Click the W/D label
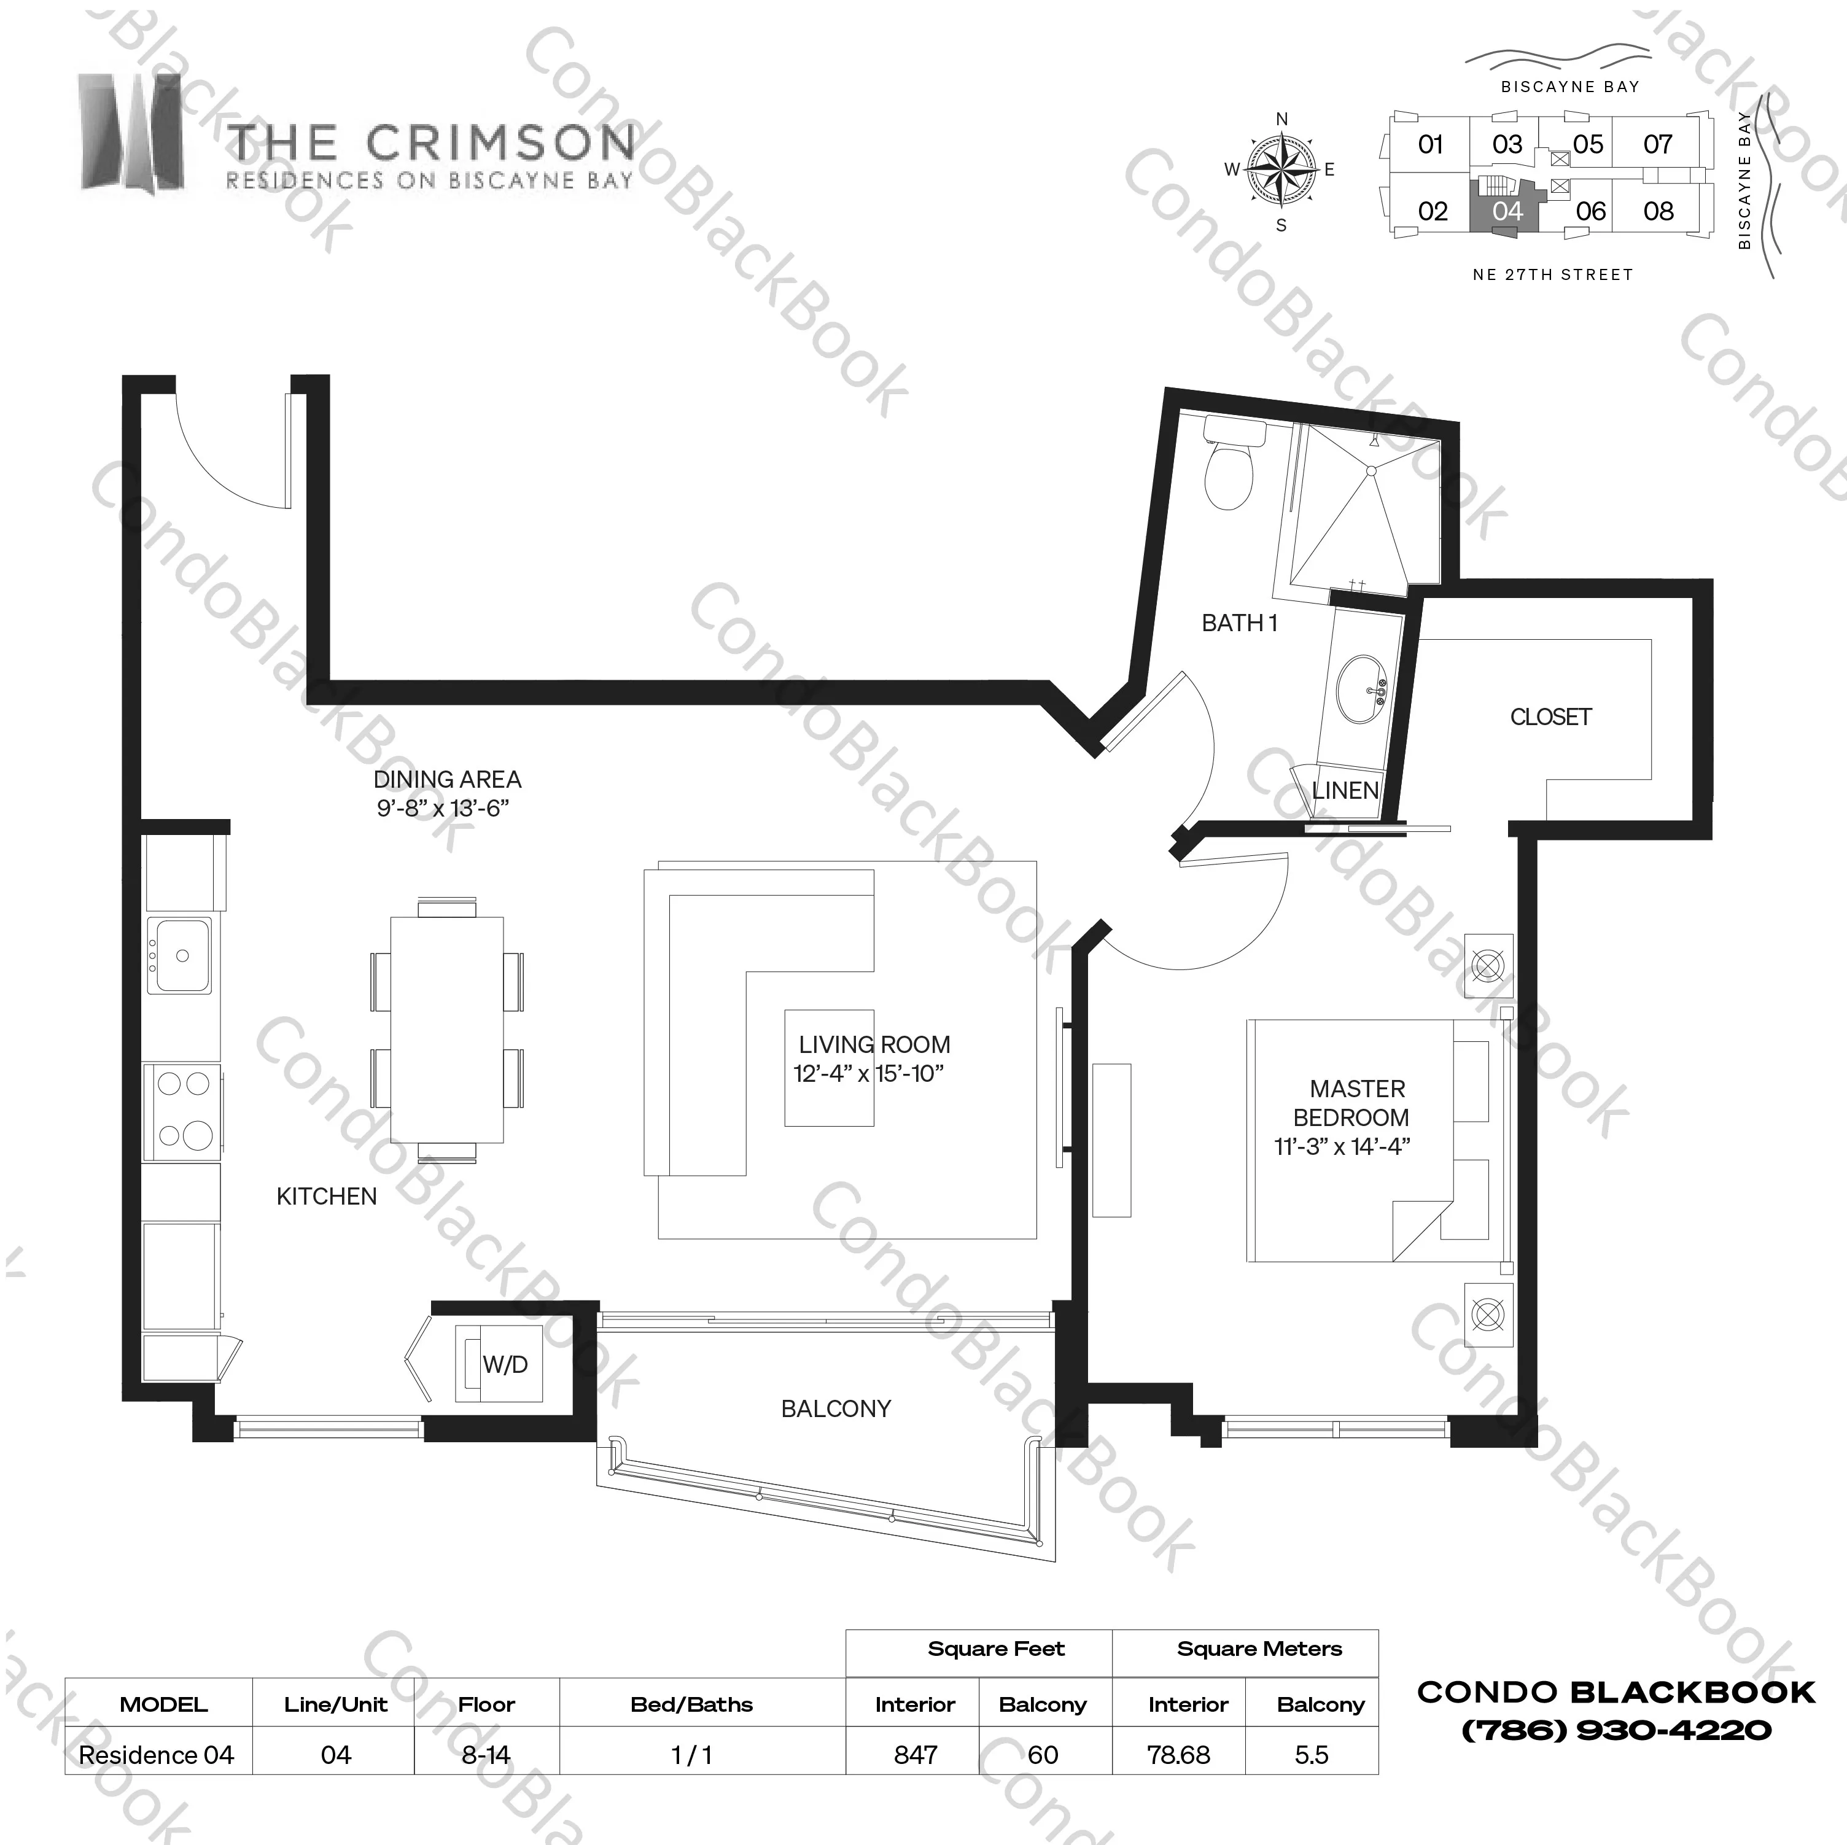tap(505, 1364)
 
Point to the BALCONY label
tap(836, 1408)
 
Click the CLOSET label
tap(1550, 717)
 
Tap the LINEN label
tap(1345, 791)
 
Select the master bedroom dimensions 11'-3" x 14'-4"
tap(1342, 1146)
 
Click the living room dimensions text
tap(868, 1074)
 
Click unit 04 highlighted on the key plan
tap(1507, 211)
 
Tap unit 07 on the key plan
tap(1658, 144)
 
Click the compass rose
tap(1281, 170)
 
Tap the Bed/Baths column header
tap(692, 1704)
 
